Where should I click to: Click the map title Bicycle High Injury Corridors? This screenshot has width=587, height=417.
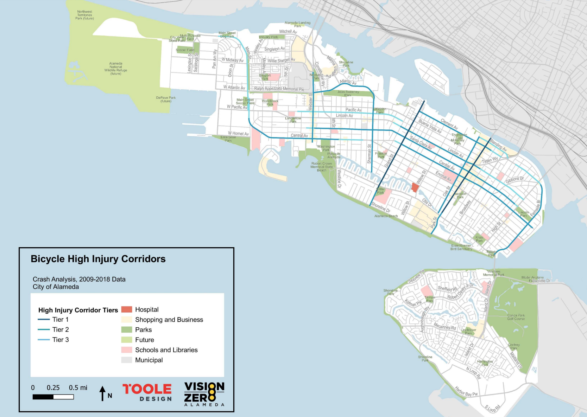tap(98, 259)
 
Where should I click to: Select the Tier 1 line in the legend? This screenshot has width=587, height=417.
tap(44, 320)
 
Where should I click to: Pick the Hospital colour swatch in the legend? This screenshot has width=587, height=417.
tap(127, 309)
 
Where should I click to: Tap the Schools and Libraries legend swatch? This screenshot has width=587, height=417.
tap(127, 350)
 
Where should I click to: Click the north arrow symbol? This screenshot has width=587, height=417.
tap(102, 393)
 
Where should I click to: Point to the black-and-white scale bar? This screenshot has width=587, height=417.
tap(53, 397)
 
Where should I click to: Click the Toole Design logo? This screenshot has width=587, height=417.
tap(147, 392)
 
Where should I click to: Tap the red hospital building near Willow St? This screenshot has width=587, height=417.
tap(415, 187)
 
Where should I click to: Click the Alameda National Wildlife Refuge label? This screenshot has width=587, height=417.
tap(115, 69)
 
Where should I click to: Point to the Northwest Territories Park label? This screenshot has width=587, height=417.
tap(84, 15)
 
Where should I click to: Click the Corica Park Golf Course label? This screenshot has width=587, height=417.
tap(516, 317)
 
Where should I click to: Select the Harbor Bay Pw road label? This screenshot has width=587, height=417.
tap(466, 392)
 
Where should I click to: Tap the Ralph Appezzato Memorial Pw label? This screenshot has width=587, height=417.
tap(279, 89)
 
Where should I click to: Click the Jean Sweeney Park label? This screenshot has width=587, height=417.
tap(348, 93)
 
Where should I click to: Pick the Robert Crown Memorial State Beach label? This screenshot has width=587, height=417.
tap(321, 167)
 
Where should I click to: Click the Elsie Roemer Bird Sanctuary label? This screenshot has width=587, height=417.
tap(461, 247)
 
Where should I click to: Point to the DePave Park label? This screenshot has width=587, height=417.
tap(166, 100)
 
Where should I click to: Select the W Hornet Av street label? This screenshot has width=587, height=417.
tap(238, 134)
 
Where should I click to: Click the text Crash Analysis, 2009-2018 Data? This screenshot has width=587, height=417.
tap(79, 279)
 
